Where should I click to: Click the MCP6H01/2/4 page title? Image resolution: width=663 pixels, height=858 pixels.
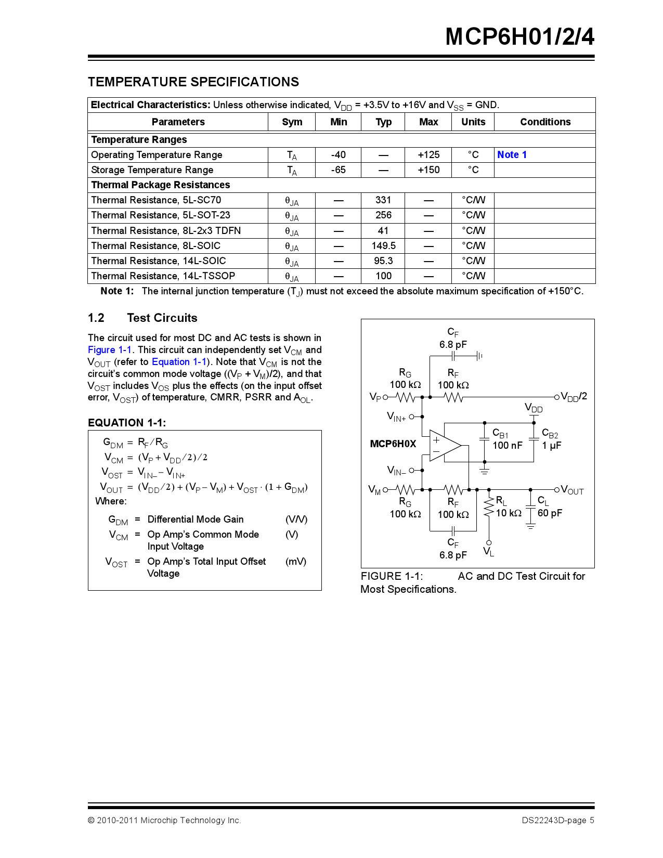coord(519,37)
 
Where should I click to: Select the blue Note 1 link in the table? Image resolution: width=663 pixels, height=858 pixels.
coord(512,154)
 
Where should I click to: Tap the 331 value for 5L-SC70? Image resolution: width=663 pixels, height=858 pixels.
coord(383,200)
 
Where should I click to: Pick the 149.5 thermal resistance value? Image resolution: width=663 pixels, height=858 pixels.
coord(383,245)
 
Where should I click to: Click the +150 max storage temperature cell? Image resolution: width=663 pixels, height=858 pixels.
coord(428,170)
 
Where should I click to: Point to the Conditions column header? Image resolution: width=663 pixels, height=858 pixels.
coord(545,122)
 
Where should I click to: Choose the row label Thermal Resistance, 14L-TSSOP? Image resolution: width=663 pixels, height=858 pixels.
coord(163,276)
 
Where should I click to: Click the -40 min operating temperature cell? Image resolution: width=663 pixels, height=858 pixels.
coord(338,154)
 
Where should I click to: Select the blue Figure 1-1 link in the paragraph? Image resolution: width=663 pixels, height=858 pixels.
coord(110,350)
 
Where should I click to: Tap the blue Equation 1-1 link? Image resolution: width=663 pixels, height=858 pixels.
coord(179,362)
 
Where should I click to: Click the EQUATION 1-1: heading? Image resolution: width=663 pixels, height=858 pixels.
coord(127,423)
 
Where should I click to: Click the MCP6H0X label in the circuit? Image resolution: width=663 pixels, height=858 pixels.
coord(393,444)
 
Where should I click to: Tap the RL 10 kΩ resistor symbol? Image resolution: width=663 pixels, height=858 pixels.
coord(488,507)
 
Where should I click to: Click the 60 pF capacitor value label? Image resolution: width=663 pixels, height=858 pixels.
coord(550,513)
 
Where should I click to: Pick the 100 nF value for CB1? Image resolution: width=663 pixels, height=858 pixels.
coord(507,446)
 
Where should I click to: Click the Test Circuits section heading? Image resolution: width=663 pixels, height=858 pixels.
coord(162,318)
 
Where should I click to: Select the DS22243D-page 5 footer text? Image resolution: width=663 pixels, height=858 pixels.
coord(557,821)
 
